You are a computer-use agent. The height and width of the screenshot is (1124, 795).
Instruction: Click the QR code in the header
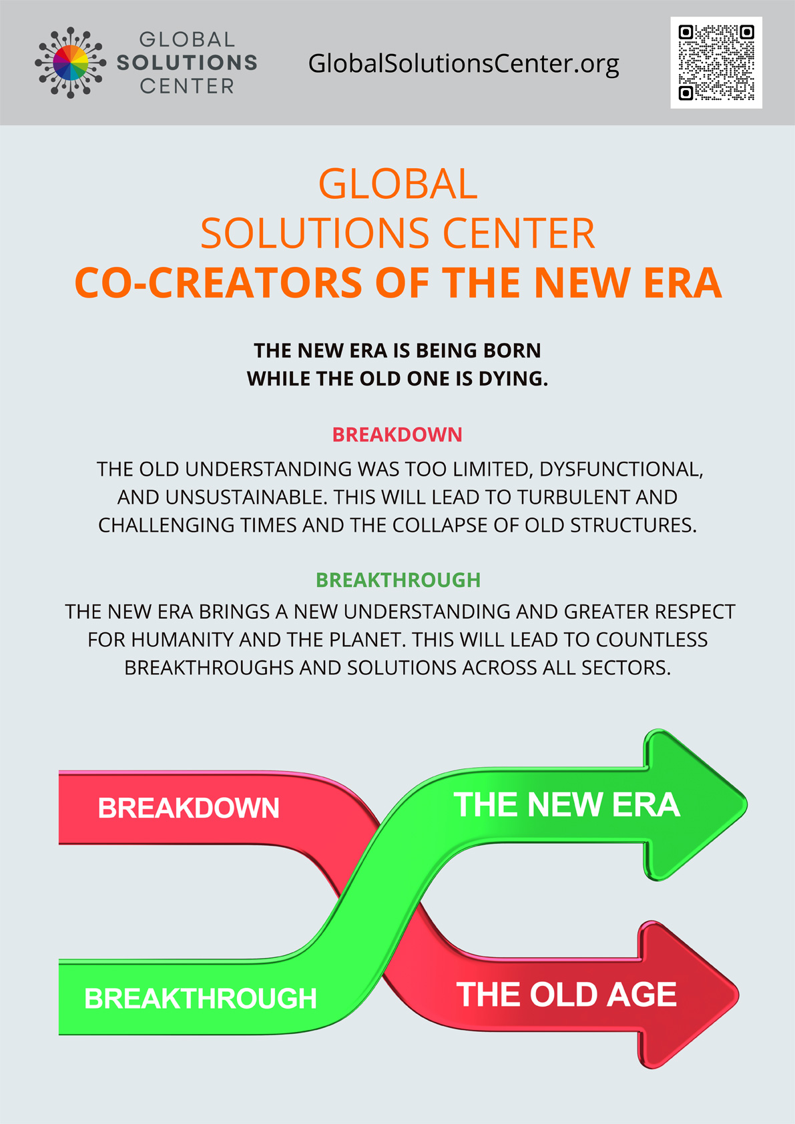tap(716, 63)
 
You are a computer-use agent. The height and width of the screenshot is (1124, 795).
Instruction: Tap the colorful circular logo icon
tap(70, 63)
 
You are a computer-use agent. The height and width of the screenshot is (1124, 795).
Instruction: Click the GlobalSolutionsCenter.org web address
tap(463, 64)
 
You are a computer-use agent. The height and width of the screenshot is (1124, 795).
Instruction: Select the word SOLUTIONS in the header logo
tap(187, 63)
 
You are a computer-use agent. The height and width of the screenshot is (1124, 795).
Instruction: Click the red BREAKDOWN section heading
tap(397, 434)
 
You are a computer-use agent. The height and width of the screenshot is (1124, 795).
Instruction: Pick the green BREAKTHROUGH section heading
tap(398, 580)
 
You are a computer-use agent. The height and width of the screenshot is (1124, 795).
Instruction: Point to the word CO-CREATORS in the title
tap(218, 283)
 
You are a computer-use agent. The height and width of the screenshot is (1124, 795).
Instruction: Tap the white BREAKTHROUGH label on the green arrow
tap(200, 998)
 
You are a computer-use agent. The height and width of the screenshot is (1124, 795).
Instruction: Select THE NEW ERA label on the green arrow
tap(567, 805)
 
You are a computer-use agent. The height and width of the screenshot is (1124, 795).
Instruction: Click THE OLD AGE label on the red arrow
tap(567, 995)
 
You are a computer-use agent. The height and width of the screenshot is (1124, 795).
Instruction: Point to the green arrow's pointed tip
tap(747, 804)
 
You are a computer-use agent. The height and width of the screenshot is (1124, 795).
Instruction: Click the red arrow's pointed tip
tap(738, 995)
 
